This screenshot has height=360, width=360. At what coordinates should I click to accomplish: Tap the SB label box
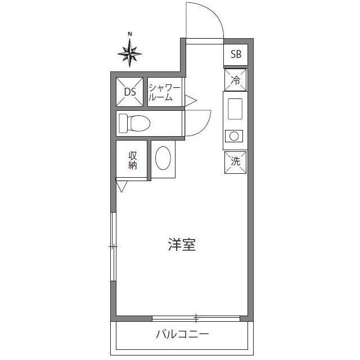[x=236, y=55]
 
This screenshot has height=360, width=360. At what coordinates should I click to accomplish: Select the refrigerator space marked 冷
[x=236, y=80]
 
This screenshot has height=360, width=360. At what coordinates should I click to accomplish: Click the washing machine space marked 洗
[x=236, y=161]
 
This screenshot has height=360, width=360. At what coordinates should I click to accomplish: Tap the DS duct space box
[x=130, y=92]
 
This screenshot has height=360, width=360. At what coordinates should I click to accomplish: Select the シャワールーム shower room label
[x=164, y=92]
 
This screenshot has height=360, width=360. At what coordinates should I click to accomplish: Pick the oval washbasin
[x=164, y=158]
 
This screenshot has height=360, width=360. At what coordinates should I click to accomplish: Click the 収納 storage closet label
[x=133, y=160]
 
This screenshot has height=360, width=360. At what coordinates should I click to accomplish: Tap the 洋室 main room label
[x=182, y=245]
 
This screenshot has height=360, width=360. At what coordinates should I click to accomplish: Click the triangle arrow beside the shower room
[x=190, y=101]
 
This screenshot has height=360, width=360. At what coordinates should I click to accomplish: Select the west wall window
[x=114, y=246]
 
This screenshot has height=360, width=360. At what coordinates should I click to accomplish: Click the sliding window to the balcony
[x=196, y=318]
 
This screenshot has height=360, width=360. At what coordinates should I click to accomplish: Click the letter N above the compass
[x=130, y=34]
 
